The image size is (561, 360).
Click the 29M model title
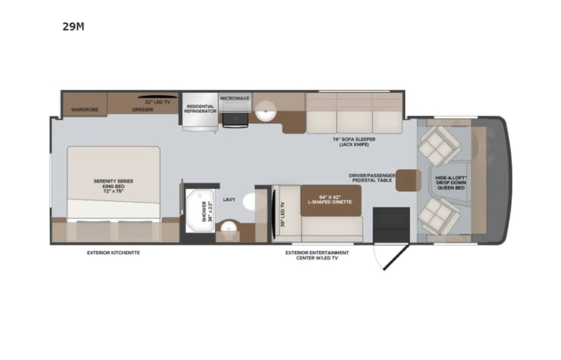(x=74, y=26)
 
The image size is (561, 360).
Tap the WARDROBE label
(x=84, y=110)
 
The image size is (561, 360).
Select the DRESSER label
(x=143, y=110)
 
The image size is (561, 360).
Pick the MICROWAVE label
(x=235, y=99)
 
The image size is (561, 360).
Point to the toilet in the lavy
(x=252, y=201)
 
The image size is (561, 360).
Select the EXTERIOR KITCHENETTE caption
(x=114, y=252)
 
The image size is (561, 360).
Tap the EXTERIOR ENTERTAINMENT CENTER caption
(x=316, y=255)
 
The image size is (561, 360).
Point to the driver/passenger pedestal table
(x=407, y=180)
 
